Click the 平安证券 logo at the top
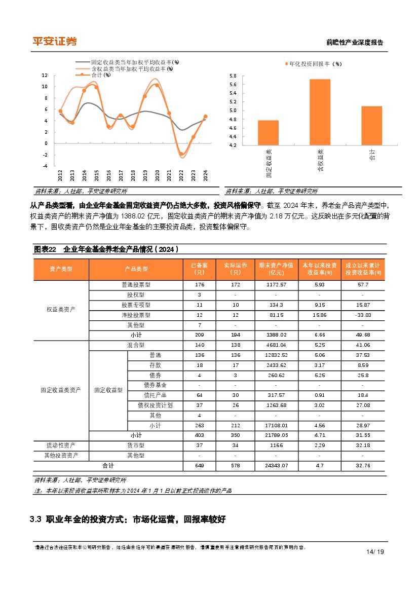point(54,42)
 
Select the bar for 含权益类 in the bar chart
point(320,112)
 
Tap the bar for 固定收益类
point(268,133)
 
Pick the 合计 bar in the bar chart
point(371,125)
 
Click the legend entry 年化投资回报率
point(313,64)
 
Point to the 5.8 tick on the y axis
point(233,76)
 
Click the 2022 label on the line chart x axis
point(181,175)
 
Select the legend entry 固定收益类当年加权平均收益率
point(127,62)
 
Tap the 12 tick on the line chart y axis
point(45,76)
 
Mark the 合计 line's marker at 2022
point(181,154)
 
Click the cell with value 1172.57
point(276,285)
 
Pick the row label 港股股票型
point(136,315)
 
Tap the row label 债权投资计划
point(155,405)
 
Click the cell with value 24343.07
point(276,465)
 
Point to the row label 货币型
point(136,445)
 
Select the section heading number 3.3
point(35,519)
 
